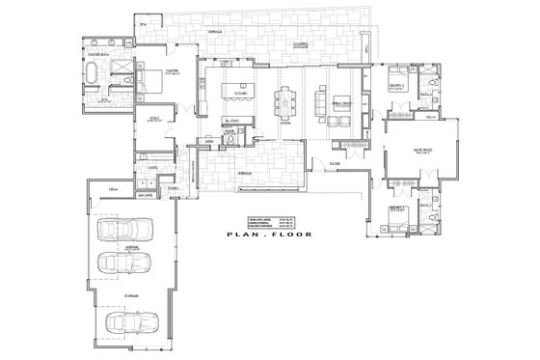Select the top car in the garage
tap(134, 233)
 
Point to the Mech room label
tap(112, 187)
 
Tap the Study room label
tap(154, 119)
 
